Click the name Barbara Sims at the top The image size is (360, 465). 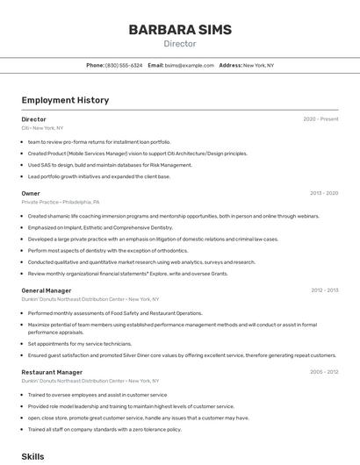(x=180, y=30)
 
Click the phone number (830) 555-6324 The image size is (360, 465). (x=123, y=65)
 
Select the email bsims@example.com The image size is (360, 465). (x=190, y=65)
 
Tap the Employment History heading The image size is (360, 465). (x=65, y=100)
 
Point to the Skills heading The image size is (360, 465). (x=32, y=456)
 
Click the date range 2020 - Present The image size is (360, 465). (x=320, y=119)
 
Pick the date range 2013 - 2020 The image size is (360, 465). (x=324, y=193)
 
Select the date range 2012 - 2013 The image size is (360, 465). (x=324, y=290)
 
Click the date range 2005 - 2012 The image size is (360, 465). (x=324, y=372)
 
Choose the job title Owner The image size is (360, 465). (x=31, y=193)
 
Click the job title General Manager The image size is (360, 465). (x=47, y=290)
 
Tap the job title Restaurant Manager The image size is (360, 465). (x=52, y=372)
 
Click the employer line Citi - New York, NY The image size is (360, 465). (x=42, y=127)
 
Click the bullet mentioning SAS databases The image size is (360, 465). (x=110, y=165)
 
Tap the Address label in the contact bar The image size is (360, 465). (x=230, y=65)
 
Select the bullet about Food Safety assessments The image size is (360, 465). (x=115, y=313)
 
